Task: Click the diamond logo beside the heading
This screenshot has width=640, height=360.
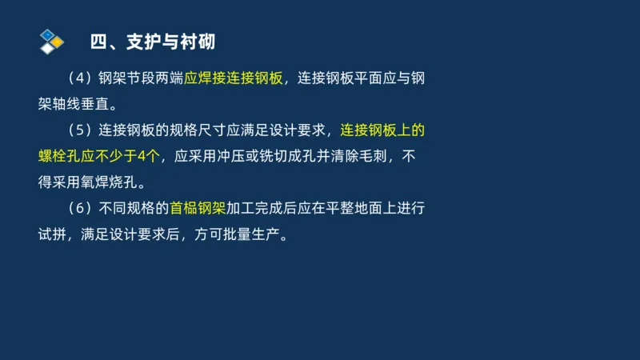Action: (51, 41)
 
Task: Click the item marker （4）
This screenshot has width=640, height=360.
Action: (79, 79)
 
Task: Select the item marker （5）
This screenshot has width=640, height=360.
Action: (79, 130)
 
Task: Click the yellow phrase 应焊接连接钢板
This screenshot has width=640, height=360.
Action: (232, 79)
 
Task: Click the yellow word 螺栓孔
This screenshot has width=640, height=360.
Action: (64, 156)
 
